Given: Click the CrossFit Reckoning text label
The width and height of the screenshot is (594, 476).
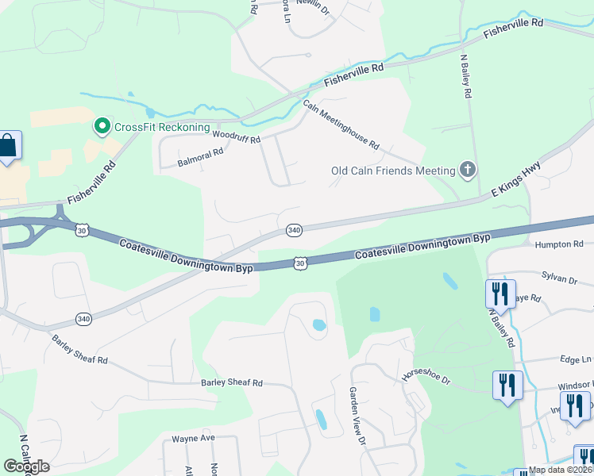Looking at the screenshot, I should pyautogui.click(x=162, y=127).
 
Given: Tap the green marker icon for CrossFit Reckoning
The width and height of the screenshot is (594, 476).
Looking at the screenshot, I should pyautogui.click(x=102, y=126).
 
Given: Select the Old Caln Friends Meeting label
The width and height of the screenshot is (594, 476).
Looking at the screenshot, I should pyautogui.click(x=393, y=171).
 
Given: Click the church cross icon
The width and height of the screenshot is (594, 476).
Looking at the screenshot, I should pyautogui.click(x=468, y=169).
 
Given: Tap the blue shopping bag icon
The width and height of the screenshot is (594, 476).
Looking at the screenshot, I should pyautogui.click(x=7, y=146).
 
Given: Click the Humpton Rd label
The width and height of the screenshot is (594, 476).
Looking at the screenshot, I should pyautogui.click(x=559, y=245).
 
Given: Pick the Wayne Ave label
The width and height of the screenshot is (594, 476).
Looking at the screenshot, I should pyautogui.click(x=194, y=438).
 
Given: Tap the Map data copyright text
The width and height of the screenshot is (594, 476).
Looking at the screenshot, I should pyautogui.click(x=561, y=470).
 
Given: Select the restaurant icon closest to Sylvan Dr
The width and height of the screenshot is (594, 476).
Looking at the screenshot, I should pyautogui.click(x=500, y=294).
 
